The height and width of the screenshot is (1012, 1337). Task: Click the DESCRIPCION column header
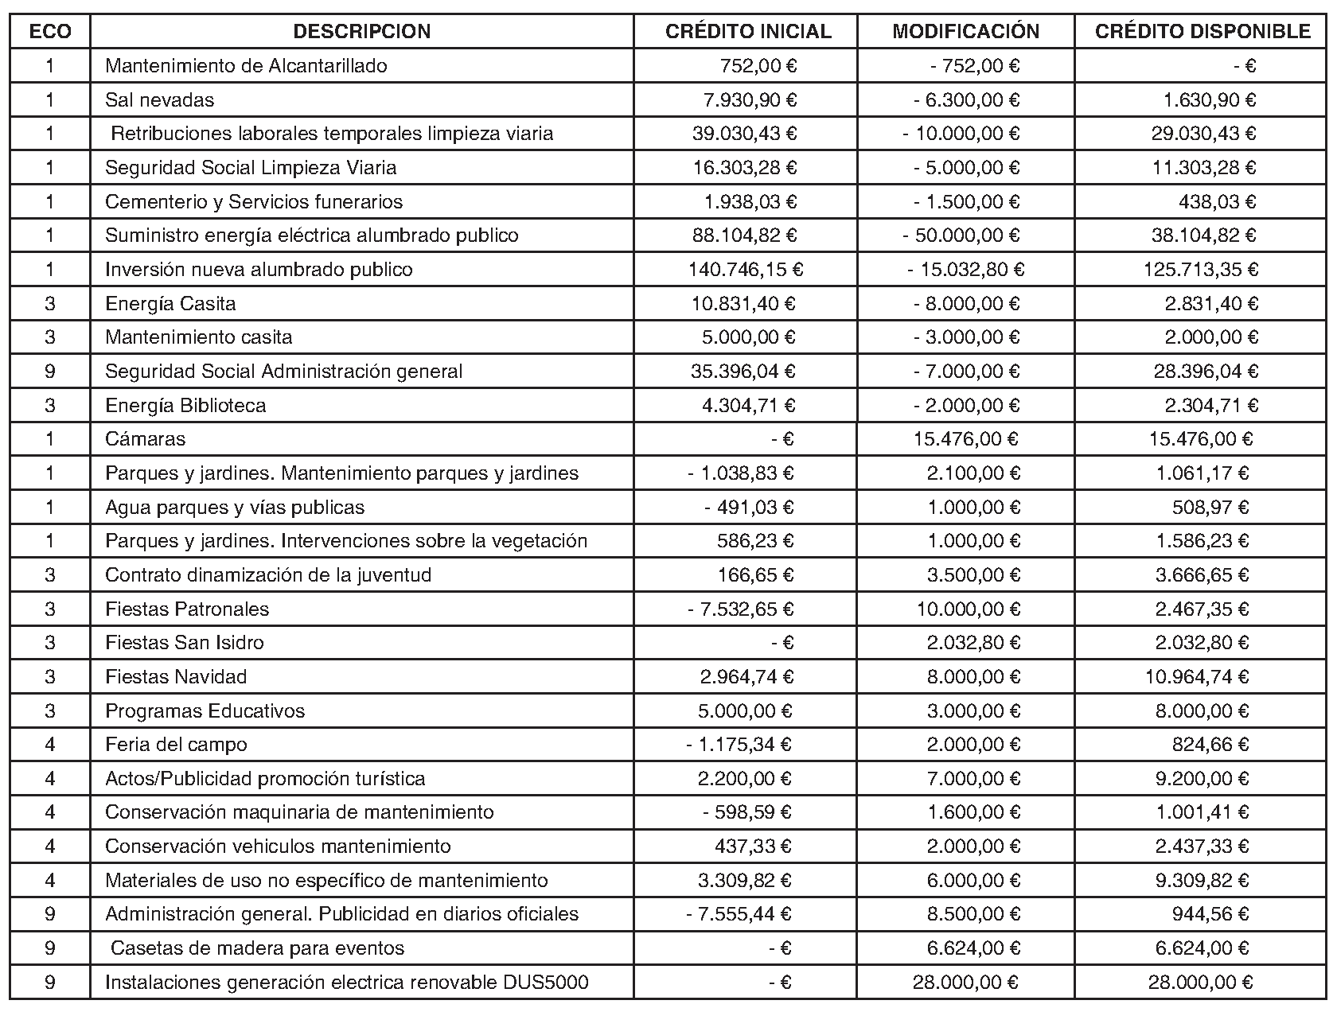tap(362, 32)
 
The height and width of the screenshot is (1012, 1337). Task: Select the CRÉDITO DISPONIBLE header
tap(1203, 32)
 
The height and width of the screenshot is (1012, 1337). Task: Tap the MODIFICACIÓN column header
tap(965, 32)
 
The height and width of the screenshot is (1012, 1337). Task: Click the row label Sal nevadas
tap(159, 100)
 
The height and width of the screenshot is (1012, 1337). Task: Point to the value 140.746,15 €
tap(745, 270)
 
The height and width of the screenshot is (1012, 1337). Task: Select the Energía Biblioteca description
tap(185, 406)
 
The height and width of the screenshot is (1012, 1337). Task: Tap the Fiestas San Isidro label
tap(184, 643)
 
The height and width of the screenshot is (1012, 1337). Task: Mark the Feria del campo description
tap(176, 745)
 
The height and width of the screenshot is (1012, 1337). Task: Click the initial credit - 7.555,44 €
tap(739, 914)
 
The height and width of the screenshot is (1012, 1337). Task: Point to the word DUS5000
tap(546, 983)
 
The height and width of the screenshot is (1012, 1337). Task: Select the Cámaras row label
tap(145, 439)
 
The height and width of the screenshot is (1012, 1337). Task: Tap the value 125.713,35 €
tap(1201, 270)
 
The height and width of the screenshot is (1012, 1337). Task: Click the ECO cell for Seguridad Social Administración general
tap(50, 372)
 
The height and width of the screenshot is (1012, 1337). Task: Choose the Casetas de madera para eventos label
tap(257, 948)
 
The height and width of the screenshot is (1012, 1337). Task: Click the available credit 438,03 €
tap(1217, 202)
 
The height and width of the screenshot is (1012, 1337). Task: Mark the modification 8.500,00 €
tap(973, 914)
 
